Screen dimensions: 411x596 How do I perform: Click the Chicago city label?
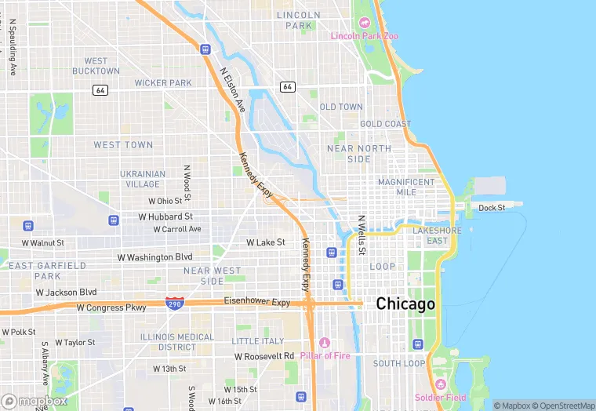[405, 304]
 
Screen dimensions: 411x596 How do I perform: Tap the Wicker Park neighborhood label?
[163, 82]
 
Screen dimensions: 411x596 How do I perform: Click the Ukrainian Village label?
[143, 179]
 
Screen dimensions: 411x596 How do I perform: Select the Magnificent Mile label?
[406, 187]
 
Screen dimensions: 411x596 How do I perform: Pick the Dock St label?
[492, 208]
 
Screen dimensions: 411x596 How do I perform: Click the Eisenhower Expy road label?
[257, 302]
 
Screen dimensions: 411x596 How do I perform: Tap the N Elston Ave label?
[233, 89]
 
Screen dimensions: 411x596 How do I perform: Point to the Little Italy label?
[259, 341]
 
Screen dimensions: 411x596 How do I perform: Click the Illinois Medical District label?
[176, 342]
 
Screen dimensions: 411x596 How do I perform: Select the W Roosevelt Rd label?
[264, 356]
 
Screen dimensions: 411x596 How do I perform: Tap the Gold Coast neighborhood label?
[385, 124]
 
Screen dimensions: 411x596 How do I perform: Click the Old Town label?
[341, 107]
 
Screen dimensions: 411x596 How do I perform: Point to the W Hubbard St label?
[165, 216]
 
